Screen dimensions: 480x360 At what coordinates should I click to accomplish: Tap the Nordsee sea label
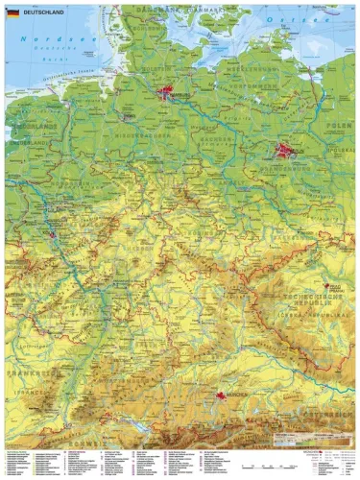[47, 39]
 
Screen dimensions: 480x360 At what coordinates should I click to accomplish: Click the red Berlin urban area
[285, 151]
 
